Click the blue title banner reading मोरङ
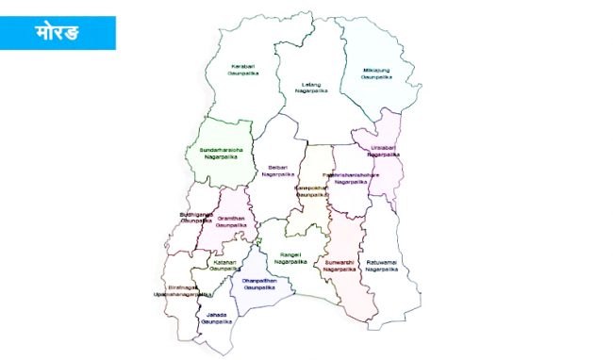58,32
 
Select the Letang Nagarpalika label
309,87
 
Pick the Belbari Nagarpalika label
278,171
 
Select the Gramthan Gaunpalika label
230,222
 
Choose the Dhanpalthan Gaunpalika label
258,284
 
